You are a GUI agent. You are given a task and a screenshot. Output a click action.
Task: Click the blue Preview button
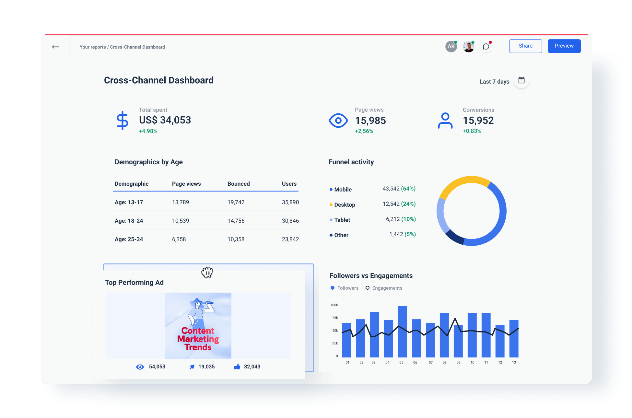(564, 46)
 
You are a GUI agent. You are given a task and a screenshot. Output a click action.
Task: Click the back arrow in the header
(55, 47)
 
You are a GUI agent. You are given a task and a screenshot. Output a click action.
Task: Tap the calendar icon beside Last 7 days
(521, 80)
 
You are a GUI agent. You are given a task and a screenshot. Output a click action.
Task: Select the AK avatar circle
(451, 47)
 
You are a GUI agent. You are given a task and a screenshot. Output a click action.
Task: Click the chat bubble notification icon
(486, 47)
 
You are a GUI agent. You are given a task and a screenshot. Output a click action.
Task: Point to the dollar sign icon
(122, 121)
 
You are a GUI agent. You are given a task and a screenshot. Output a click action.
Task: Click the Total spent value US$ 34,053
(165, 120)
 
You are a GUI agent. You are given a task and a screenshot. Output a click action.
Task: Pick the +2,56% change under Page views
(364, 131)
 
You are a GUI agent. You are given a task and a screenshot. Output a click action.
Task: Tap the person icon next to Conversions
(445, 121)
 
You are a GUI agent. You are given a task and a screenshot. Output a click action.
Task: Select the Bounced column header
(239, 184)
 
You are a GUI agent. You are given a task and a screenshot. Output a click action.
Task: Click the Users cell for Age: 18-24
(290, 221)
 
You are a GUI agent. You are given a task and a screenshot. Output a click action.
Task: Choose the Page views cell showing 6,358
(179, 239)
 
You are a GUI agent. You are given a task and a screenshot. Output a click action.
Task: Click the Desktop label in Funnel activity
(345, 205)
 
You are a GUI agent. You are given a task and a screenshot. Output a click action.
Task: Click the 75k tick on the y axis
(335, 318)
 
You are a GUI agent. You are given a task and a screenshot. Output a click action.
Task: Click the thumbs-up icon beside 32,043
(237, 366)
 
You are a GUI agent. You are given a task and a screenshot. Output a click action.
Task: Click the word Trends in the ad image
(198, 347)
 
